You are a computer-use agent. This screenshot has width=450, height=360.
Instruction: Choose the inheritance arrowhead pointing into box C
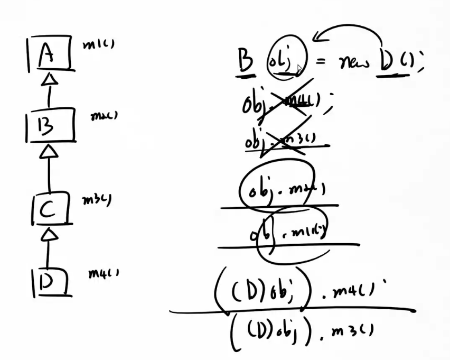(49, 232)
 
